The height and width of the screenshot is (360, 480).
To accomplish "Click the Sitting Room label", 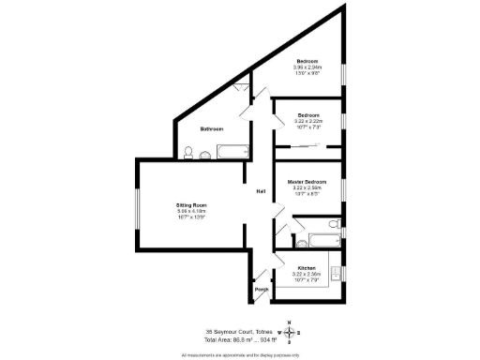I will [191, 204].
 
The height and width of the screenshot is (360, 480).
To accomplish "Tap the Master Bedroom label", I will [307, 181].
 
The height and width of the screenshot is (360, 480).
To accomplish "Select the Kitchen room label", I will [307, 267].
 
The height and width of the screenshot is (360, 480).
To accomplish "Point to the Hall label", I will [261, 192].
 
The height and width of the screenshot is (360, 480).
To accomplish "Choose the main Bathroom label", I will [212, 128].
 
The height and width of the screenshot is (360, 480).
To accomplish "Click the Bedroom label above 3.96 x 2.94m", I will [307, 61].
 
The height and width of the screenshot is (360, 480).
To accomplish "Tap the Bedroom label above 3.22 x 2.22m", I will [308, 115].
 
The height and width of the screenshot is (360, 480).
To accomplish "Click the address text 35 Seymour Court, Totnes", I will [239, 330].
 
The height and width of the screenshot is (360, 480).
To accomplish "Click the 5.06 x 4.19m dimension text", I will [190, 211].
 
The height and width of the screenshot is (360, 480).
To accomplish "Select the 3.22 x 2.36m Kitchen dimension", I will [307, 274].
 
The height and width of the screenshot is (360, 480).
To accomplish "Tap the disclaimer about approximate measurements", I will [239, 354].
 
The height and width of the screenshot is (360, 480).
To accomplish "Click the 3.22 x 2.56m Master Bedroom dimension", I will [307, 187].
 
